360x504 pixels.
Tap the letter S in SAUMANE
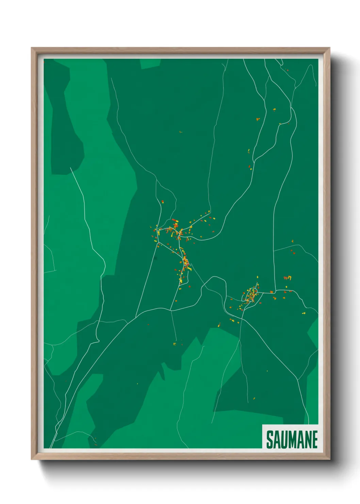click(x=269, y=440)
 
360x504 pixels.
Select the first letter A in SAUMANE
click(x=277, y=440)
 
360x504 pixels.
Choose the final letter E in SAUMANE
click(x=314, y=440)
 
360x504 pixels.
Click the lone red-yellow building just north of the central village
click(x=162, y=202)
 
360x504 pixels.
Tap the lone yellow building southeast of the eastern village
click(x=304, y=313)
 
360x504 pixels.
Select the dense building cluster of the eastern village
click(x=252, y=295)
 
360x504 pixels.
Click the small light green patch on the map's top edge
click(x=150, y=63)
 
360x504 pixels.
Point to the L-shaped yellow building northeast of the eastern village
click(x=290, y=277)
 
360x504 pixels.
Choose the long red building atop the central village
click(x=175, y=220)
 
